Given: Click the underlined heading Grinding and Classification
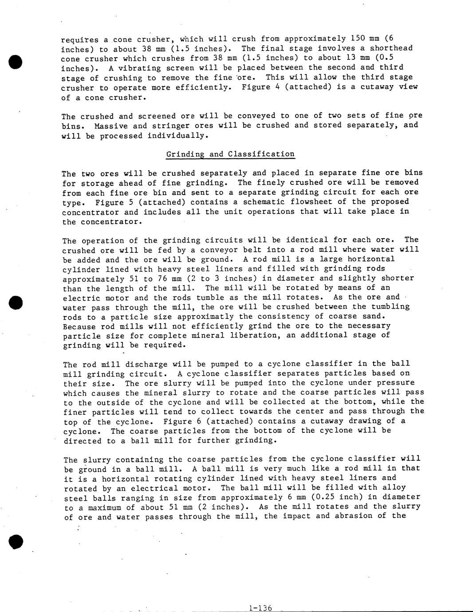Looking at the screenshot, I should click(x=230, y=154).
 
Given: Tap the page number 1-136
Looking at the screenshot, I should click(x=260, y=608).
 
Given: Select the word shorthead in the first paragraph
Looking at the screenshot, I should click(x=391, y=48).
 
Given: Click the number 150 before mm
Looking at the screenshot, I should click(x=358, y=39).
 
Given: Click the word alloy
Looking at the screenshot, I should click(x=394, y=487).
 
